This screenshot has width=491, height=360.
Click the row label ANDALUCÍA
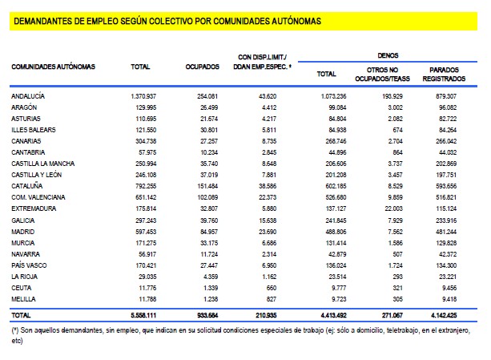pos(28,95)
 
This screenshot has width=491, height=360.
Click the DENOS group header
pos(388,55)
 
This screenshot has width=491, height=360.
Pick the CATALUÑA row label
pos(26,186)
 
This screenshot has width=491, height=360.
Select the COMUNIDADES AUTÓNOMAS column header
pos(53,66)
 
